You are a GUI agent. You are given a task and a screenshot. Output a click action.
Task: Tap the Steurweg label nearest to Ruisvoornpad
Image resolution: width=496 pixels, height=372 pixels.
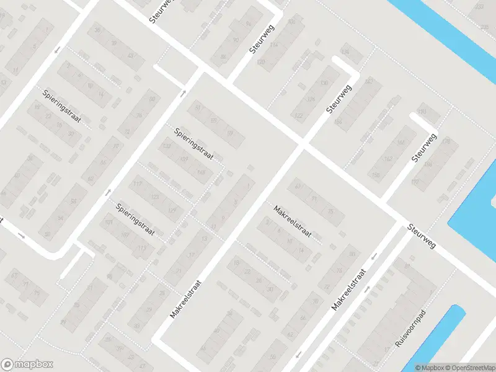pyautogui.click(x=422, y=236)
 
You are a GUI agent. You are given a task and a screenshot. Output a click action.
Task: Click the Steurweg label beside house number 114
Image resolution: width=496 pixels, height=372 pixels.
pyautogui.click(x=262, y=39)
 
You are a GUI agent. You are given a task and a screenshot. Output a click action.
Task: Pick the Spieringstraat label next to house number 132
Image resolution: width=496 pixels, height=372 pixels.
pyautogui.click(x=193, y=144)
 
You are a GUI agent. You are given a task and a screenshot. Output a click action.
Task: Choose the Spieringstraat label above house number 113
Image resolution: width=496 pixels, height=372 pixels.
pyautogui.click(x=135, y=218)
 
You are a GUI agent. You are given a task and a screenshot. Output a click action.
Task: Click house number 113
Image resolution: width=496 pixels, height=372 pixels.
pyautogui.click(x=143, y=249)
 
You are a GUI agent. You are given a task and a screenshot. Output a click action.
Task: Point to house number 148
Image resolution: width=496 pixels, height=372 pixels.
pyautogui.click(x=200, y=172)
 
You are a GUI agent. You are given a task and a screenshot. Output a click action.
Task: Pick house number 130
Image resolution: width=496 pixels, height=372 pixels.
pyautogui.click(x=323, y=83)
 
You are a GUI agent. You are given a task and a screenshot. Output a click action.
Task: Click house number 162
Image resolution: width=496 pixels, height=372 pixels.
pyautogui.click(x=389, y=159)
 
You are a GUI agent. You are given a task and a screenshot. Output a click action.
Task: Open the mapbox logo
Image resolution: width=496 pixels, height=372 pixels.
pyautogui.click(x=27, y=365)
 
